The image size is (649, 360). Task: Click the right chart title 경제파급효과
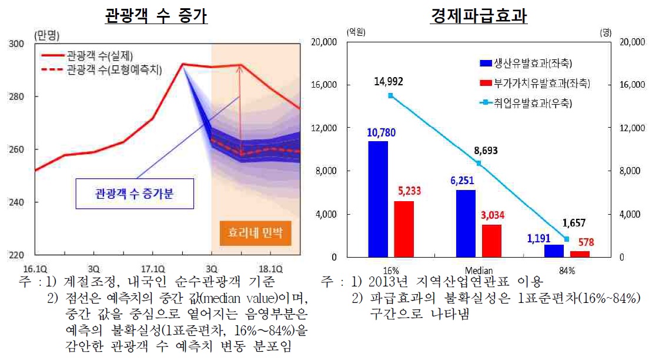[x=479, y=15]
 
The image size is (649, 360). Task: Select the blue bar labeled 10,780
[x=378, y=199]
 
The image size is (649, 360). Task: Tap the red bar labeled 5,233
[x=404, y=229]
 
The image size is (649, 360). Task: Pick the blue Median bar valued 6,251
[x=466, y=223]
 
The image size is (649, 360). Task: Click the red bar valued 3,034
[x=491, y=241]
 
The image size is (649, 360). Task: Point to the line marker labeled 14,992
[x=391, y=95]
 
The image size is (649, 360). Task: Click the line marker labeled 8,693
[x=479, y=163]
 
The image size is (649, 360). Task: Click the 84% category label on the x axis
[x=567, y=270]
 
